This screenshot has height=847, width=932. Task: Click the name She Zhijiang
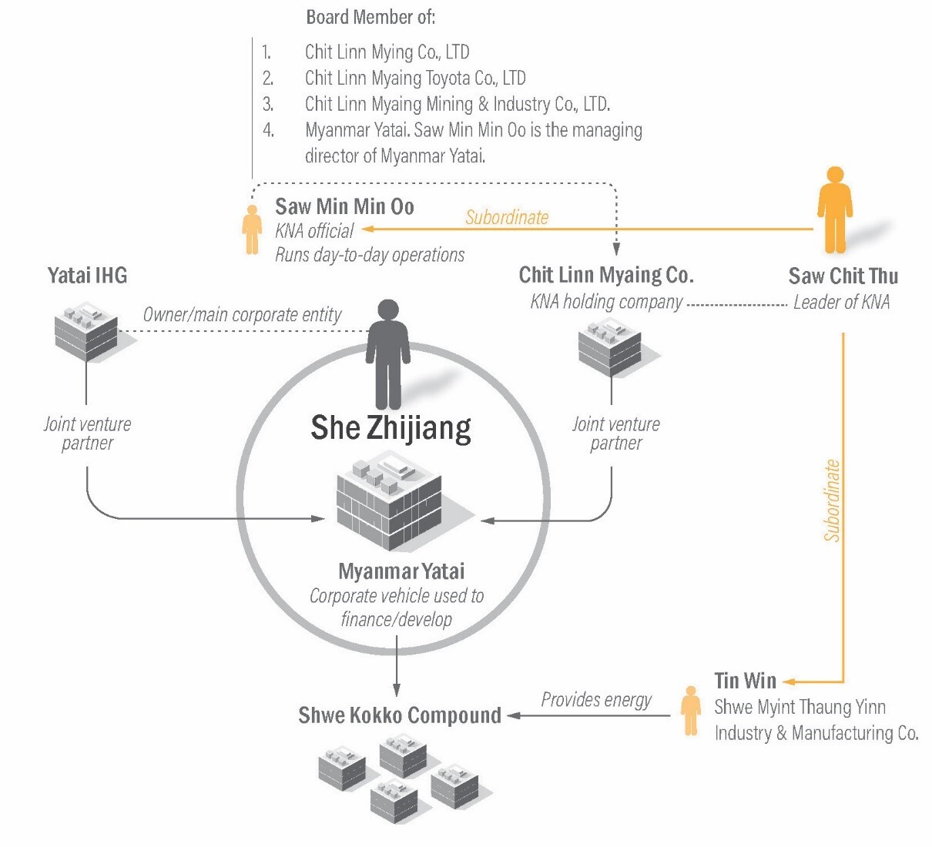click(391, 428)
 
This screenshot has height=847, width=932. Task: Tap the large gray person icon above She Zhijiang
click(387, 355)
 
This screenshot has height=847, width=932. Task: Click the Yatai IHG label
click(87, 276)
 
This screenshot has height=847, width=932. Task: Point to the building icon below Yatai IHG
click(86, 330)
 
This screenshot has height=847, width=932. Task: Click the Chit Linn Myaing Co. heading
click(606, 275)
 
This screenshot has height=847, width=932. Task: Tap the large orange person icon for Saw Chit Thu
click(834, 210)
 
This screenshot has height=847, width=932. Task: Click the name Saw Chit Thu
click(843, 276)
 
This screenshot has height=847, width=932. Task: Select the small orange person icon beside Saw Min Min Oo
click(252, 229)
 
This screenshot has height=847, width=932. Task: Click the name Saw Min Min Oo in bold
click(344, 206)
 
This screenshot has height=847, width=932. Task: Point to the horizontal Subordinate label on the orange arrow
click(507, 218)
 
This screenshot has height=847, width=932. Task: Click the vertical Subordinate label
click(832, 500)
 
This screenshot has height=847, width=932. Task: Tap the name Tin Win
click(745, 681)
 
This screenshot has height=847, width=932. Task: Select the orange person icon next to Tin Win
click(691, 710)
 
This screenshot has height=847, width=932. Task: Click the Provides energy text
click(596, 700)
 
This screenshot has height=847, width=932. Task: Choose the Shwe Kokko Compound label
click(399, 715)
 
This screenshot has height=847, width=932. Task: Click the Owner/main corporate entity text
click(242, 315)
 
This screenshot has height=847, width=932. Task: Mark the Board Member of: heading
click(370, 17)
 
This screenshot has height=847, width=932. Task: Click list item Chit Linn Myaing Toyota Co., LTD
click(415, 78)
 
